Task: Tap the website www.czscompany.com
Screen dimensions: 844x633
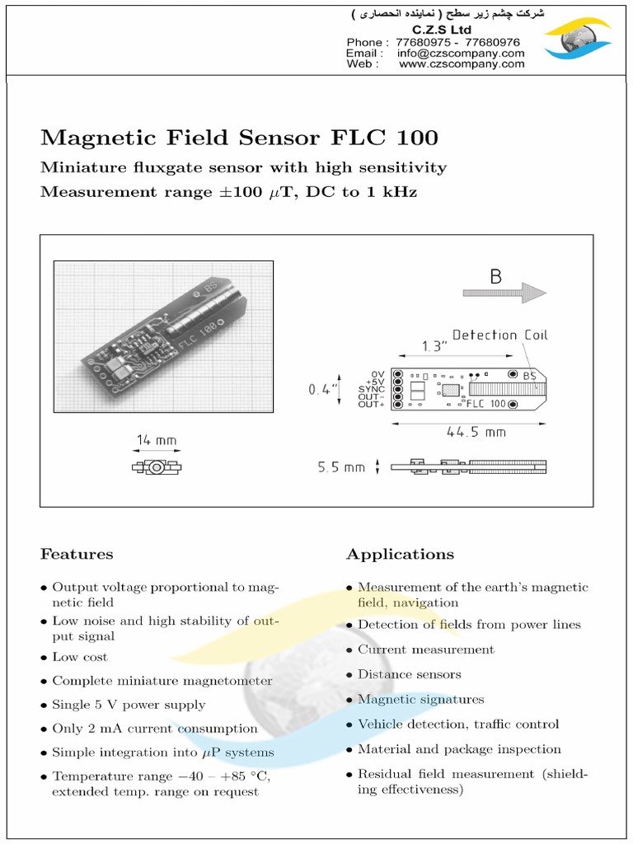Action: (x=461, y=63)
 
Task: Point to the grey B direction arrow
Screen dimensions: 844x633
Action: (x=504, y=293)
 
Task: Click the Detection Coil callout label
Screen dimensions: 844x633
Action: (x=499, y=335)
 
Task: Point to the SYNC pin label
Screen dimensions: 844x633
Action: (x=372, y=389)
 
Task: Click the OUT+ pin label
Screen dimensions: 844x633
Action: (x=372, y=404)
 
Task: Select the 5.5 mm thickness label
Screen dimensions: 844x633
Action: (x=341, y=467)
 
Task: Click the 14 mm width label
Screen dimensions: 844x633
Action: (x=156, y=441)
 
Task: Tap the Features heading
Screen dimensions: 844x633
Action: (x=77, y=554)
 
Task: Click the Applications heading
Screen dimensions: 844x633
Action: (x=400, y=554)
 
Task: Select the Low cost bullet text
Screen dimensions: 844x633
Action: (x=80, y=657)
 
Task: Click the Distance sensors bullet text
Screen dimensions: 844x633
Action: (x=409, y=674)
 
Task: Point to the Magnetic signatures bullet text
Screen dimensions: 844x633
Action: (x=420, y=699)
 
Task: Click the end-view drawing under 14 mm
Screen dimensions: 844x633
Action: (x=156, y=467)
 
